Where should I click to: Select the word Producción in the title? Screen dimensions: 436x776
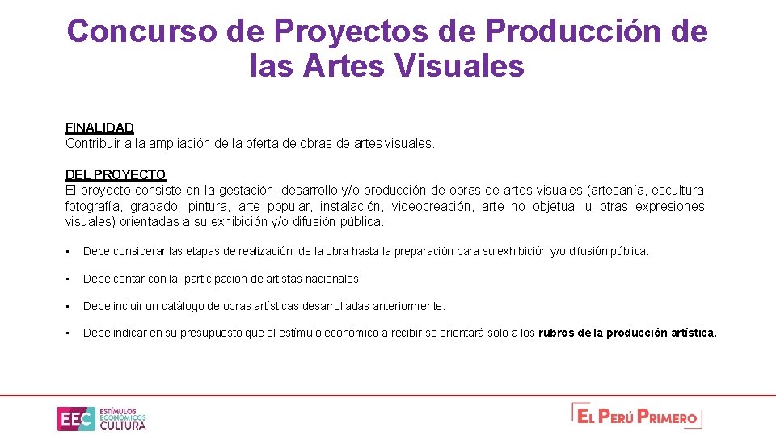click(574, 31)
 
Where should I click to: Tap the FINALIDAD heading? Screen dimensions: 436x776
click(99, 128)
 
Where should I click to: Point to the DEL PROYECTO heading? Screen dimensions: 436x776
click(116, 174)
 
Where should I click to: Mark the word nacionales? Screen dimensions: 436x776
click(333, 279)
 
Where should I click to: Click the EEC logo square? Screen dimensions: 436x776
click(75, 418)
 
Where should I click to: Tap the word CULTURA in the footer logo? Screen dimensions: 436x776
click(123, 426)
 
